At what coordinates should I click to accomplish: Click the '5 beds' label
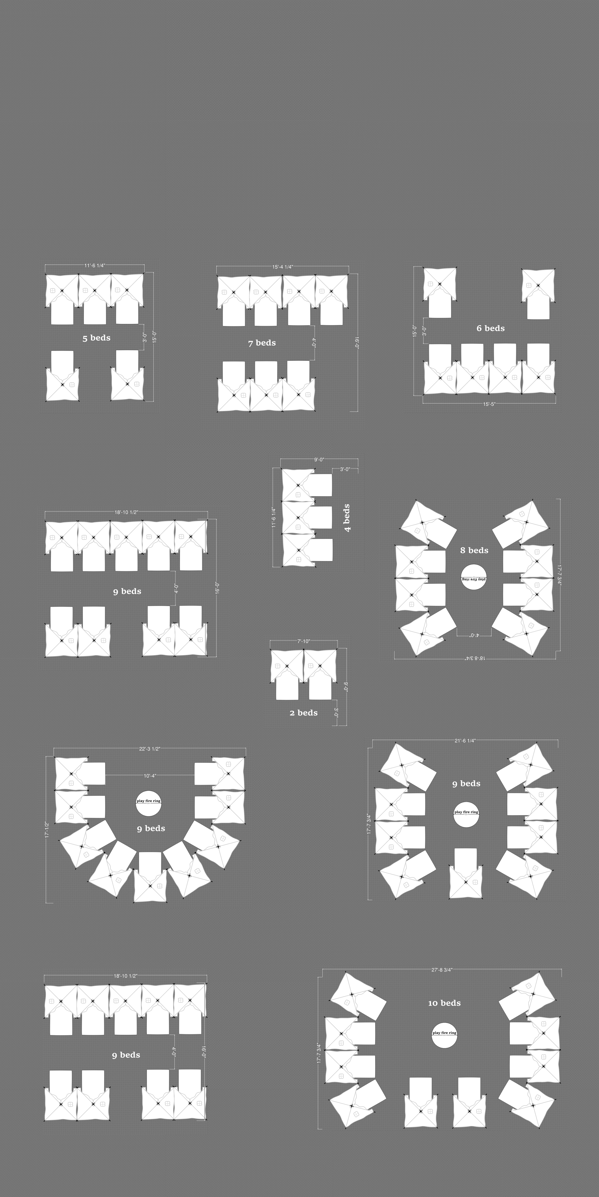click(x=96, y=338)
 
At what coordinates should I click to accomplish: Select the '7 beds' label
click(x=262, y=343)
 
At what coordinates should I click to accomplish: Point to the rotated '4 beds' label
click(x=346, y=518)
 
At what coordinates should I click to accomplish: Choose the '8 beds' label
click(x=474, y=550)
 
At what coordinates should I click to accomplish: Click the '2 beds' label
click(x=303, y=713)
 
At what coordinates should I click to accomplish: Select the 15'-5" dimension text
click(x=489, y=404)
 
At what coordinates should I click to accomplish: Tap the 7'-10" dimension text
click(x=304, y=641)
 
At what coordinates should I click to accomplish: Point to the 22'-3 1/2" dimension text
click(x=150, y=749)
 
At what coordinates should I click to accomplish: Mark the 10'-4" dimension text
click(x=150, y=776)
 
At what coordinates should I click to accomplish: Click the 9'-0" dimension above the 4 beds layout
click(x=319, y=460)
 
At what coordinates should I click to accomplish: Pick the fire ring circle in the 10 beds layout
click(x=444, y=1036)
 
